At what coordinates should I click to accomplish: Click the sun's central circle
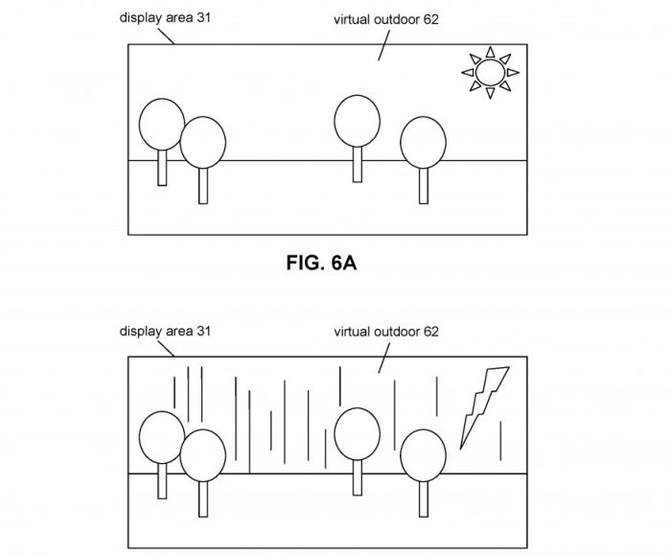point(490,72)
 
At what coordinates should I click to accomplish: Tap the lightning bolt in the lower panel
point(484,407)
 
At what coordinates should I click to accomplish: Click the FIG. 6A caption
point(321,263)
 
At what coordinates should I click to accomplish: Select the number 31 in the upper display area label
point(203,17)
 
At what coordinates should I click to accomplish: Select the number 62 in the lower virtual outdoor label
point(431,332)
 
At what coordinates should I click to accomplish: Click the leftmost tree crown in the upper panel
point(162,125)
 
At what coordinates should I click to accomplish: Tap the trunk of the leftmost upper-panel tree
point(162,168)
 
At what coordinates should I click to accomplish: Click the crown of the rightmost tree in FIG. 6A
point(424,143)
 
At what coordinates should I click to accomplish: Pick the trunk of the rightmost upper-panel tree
point(424,186)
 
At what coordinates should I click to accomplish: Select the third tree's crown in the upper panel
point(357,121)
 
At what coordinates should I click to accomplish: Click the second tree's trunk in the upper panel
point(203,186)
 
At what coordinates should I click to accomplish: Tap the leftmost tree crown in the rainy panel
point(162,437)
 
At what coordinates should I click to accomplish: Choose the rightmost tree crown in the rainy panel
point(424,455)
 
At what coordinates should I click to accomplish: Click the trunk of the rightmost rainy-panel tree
point(424,499)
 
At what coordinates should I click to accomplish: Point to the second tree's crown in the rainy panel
point(203,455)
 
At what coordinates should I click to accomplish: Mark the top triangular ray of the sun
point(491,52)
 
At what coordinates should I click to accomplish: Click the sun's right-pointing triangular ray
point(513,72)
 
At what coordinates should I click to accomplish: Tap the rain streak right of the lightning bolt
point(500,441)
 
